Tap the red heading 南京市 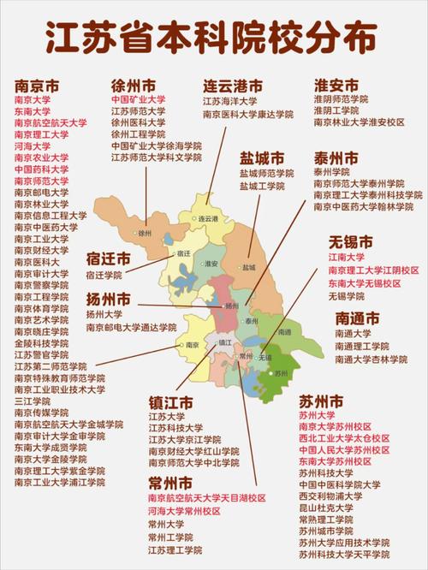tap(37, 86)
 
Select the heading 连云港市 tap(233, 86)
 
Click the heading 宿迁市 tap(109, 259)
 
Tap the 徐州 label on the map tap(144, 232)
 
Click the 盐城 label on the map tap(249, 267)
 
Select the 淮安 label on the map tap(214, 264)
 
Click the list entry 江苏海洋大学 tap(229, 101)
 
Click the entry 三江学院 tap(33, 401)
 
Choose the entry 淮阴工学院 tap(336, 111)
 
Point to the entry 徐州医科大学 tap(138, 122)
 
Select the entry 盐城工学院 tap(261, 186)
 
